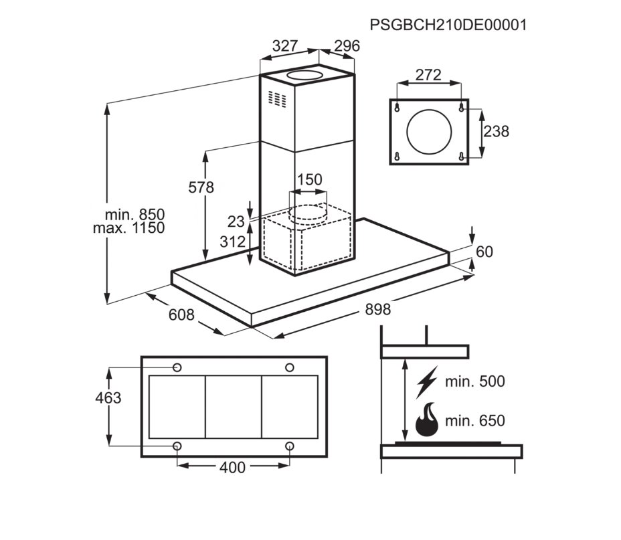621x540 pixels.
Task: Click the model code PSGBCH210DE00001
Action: point(448,25)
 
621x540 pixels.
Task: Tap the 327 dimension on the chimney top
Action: point(285,46)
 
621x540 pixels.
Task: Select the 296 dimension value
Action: point(347,46)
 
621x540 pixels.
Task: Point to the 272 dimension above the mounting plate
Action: point(428,74)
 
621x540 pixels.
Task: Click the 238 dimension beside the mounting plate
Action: point(496,131)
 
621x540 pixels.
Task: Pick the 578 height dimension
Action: point(201,187)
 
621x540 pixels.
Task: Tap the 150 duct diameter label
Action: point(309,180)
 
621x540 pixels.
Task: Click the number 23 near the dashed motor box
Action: point(236,221)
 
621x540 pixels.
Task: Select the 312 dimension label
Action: point(232,242)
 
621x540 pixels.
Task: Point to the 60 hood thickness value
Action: point(484,252)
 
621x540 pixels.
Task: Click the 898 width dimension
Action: point(378,309)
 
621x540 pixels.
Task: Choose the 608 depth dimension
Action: point(181,314)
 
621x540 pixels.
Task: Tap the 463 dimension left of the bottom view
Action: point(108,397)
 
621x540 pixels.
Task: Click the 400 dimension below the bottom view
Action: point(232,468)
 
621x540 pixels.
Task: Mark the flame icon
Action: point(427,420)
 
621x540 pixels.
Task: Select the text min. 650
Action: point(475,420)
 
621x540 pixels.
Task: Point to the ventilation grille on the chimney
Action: point(277,99)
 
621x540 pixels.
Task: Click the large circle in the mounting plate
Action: point(429,132)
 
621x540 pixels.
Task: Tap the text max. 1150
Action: point(128,228)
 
